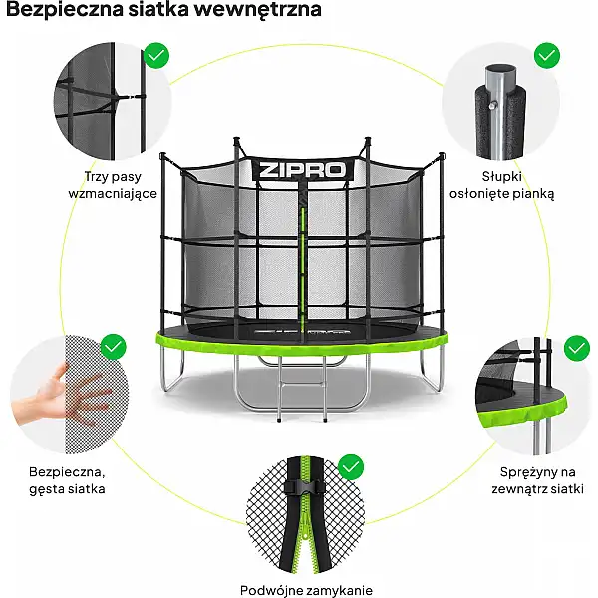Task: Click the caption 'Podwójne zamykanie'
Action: [x=300, y=589]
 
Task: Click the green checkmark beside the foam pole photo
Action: [x=546, y=54]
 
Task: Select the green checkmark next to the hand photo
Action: [x=114, y=347]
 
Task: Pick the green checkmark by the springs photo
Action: [x=576, y=348]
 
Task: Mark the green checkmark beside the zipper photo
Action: [x=350, y=465]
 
